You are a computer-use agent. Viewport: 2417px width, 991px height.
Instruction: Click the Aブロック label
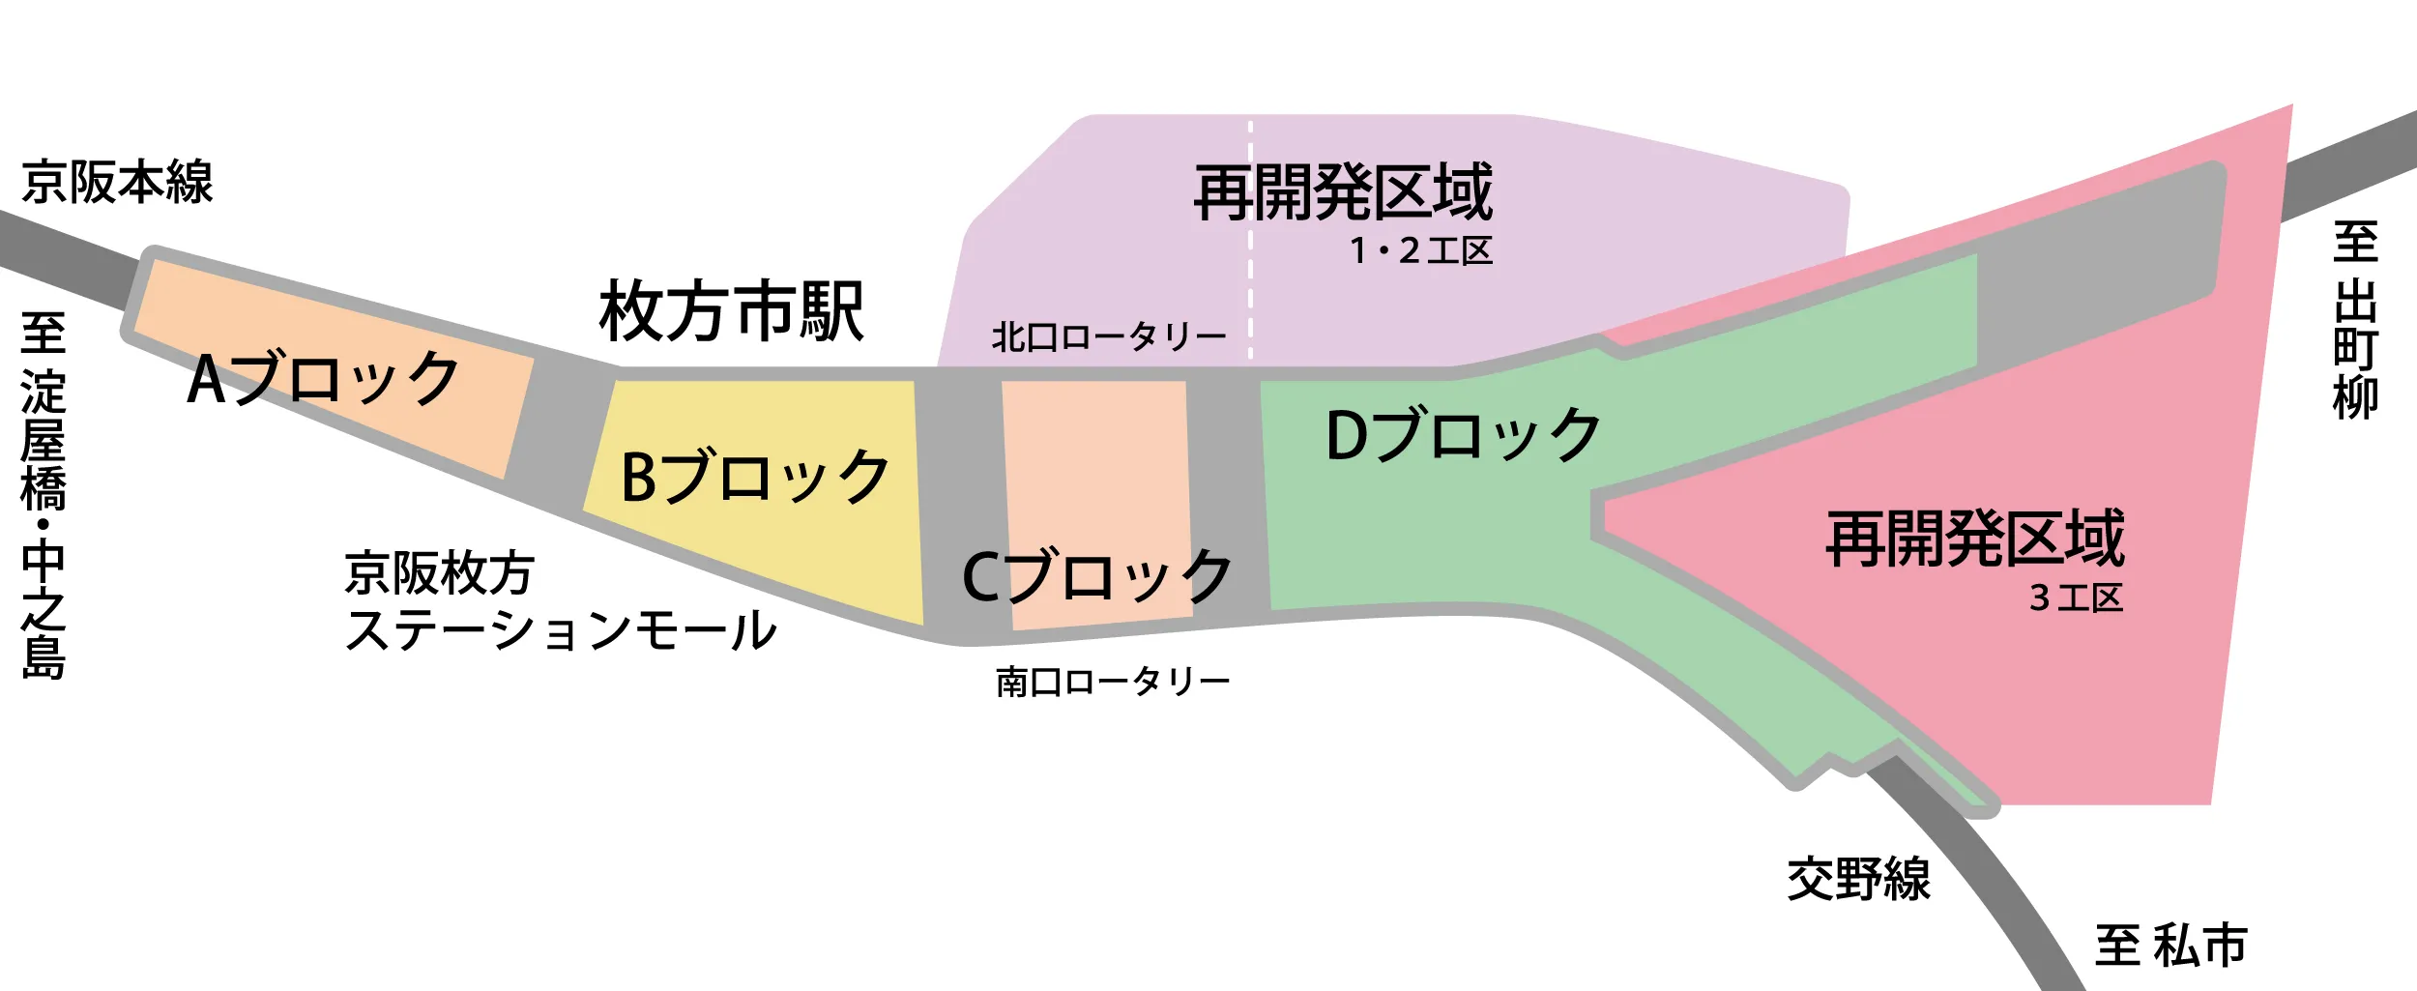[323, 378]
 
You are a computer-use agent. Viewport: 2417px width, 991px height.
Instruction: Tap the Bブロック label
[754, 477]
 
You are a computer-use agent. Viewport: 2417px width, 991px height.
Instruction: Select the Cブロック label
[1097, 576]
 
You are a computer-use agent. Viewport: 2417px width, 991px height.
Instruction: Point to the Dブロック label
[1464, 435]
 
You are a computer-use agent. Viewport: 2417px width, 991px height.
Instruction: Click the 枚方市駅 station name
[732, 311]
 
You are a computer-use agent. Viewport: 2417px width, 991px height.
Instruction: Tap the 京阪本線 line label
[117, 182]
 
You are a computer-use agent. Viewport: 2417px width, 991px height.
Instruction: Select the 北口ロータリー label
[1109, 336]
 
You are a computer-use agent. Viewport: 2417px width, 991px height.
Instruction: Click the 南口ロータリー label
[1113, 682]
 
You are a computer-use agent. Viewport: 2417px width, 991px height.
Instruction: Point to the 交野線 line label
[1858, 879]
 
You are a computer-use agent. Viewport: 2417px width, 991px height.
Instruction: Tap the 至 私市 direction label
[2171, 946]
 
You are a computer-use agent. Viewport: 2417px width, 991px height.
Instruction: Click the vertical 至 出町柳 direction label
[2355, 320]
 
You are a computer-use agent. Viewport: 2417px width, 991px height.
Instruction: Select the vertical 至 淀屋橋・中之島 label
[44, 496]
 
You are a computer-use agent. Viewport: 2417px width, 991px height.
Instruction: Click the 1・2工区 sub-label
[1421, 251]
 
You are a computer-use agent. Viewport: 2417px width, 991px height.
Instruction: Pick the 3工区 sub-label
[2076, 598]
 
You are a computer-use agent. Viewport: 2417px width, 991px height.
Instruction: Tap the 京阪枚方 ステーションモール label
[561, 601]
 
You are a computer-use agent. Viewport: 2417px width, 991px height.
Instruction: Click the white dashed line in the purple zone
[1250, 240]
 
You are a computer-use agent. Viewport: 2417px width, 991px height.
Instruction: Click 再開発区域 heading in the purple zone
[1344, 192]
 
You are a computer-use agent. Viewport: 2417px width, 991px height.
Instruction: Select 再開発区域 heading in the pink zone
[1975, 538]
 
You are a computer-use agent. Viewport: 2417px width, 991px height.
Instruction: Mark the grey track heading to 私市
[1992, 870]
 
